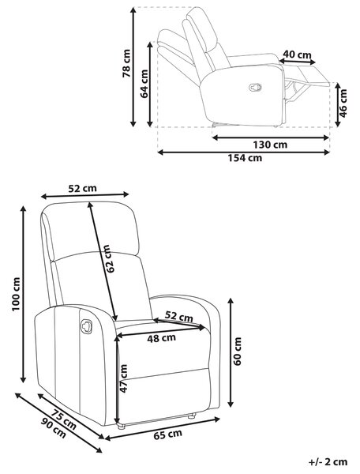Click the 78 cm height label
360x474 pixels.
[x=126, y=63]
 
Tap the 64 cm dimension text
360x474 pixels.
[x=144, y=84]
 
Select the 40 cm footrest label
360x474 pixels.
[x=297, y=55]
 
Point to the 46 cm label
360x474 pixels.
[x=343, y=103]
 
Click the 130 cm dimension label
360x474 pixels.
[x=270, y=145]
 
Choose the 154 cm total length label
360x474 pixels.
[x=245, y=158]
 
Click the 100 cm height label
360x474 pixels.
[x=16, y=294]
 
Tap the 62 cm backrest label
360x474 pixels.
[x=108, y=259]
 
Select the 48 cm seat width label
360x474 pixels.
[x=162, y=338]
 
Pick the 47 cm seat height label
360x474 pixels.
[x=123, y=378]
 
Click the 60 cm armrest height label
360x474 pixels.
[x=238, y=352]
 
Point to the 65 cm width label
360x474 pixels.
[x=168, y=434]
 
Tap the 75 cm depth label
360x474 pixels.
[x=63, y=419]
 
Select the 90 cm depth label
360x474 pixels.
[x=54, y=428]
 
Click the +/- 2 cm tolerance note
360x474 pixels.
[x=328, y=462]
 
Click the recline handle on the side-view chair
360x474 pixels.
[x=255, y=87]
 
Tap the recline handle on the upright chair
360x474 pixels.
[x=86, y=326]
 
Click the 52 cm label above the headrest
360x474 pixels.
[x=82, y=188]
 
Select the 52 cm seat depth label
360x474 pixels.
[x=178, y=317]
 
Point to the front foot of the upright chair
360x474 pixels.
[x=121, y=427]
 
